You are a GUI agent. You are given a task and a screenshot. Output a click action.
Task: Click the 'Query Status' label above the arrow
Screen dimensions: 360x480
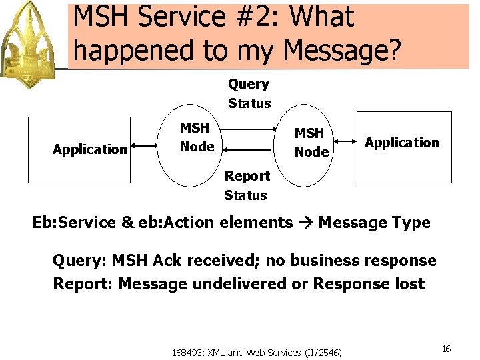point(249,93)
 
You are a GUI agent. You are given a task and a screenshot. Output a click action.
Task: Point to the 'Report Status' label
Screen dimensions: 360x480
point(246,185)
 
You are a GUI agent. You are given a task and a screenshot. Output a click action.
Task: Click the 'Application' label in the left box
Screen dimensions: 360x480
point(89,149)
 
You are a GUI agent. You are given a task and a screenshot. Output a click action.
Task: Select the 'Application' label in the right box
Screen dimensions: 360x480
point(402,143)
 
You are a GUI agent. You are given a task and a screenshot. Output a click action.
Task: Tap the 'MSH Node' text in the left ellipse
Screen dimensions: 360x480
point(197,137)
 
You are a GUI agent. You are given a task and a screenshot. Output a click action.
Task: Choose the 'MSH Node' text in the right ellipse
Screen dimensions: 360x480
point(311,142)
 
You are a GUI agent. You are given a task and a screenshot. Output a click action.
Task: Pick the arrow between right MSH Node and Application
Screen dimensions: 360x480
point(345,141)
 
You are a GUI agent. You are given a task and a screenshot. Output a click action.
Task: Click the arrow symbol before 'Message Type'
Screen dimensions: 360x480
point(305,223)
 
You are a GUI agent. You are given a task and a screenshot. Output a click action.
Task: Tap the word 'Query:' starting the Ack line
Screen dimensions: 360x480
point(79,260)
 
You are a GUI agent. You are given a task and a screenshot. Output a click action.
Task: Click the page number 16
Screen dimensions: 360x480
point(446,349)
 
